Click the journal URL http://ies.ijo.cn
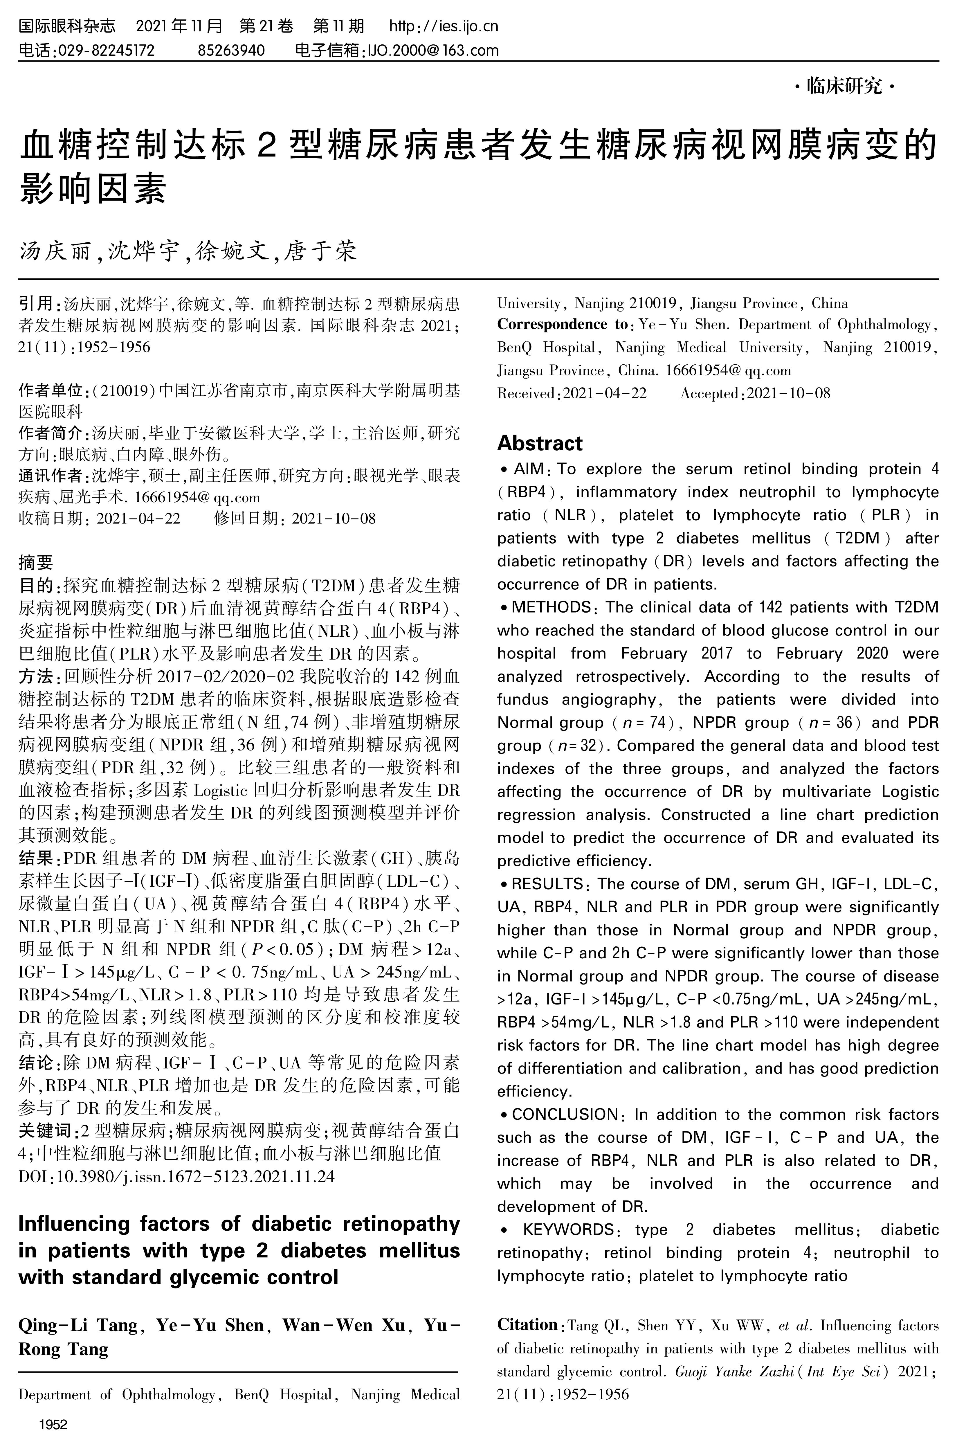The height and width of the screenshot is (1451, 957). coord(444,26)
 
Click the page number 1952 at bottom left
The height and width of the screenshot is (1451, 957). coord(53,1425)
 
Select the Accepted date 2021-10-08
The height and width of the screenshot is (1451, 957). coord(788,393)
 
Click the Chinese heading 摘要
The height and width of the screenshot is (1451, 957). coord(36,562)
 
